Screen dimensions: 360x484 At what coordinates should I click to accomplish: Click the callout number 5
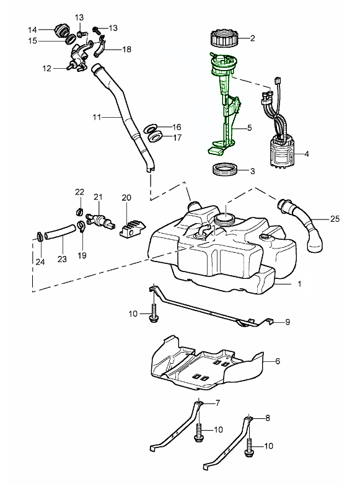pos(250,127)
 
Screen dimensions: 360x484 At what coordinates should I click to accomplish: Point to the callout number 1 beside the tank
pos(299,283)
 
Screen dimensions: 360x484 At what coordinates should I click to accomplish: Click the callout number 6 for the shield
pos(277,361)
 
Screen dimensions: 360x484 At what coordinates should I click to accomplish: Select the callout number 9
pos(288,322)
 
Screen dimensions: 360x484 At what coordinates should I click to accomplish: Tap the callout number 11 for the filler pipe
pos(97,117)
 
